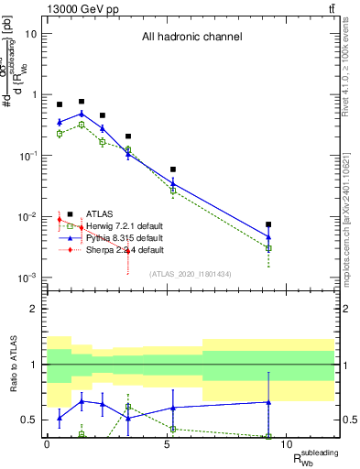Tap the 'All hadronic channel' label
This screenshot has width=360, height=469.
coord(191,38)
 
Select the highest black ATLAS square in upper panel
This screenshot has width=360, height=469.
coord(82,102)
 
